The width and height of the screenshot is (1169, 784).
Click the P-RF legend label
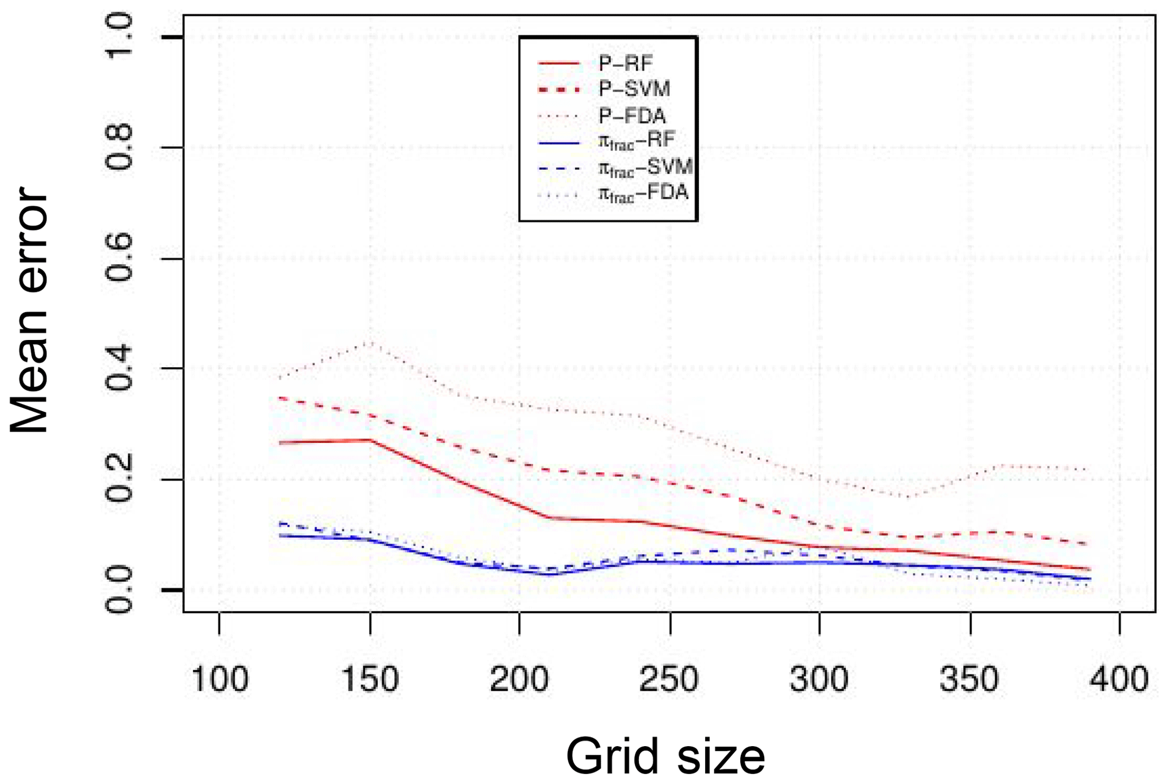626,63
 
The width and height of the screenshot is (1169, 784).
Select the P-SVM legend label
634,89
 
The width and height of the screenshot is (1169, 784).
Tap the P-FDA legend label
632,116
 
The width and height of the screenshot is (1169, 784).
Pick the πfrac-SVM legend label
645,167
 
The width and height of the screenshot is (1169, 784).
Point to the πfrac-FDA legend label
643,193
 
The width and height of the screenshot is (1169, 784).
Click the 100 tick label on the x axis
219,679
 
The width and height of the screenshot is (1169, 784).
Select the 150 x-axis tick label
370,679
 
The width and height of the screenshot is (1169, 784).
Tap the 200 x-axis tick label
519,679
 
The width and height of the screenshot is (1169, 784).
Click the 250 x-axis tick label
670,679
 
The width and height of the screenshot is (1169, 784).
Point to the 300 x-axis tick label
819,679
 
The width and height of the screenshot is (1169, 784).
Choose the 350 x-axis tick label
970,679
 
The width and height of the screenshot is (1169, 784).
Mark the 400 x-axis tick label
1120,679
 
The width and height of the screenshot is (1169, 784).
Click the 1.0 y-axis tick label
118,36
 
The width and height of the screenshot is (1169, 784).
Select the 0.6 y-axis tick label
118,258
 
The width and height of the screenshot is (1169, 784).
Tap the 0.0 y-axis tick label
118,591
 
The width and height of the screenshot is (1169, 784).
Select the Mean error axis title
29,311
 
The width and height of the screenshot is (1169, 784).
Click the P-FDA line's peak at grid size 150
370,342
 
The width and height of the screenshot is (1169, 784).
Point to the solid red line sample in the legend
559,63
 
